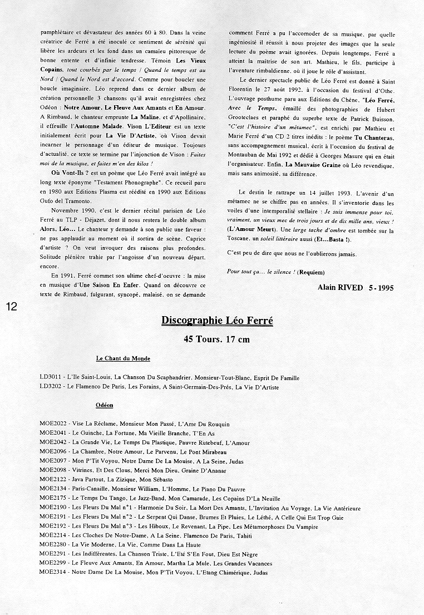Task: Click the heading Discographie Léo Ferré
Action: pos(217,321)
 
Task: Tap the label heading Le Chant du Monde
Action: pos(123,358)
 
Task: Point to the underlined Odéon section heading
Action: pos(105,406)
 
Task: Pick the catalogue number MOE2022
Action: pos(53,425)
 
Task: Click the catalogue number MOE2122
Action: pos(53,479)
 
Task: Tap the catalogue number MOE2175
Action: pos(53,498)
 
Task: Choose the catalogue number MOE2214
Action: pos(53,535)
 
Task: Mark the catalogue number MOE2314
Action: pos(53,573)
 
